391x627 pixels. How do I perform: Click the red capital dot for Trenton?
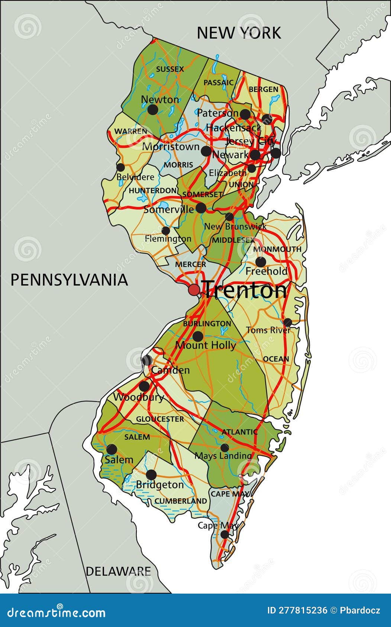(x=194, y=289)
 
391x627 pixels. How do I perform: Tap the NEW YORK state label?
(x=239, y=33)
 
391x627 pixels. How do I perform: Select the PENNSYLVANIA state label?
(x=69, y=280)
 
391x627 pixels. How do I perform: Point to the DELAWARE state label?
(x=118, y=571)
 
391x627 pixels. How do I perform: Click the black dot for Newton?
(x=153, y=109)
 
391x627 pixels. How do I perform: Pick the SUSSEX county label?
(x=170, y=69)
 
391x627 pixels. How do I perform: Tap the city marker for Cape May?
(x=224, y=535)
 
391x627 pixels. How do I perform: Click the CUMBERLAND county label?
(x=181, y=501)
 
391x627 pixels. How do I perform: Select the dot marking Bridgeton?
(x=151, y=475)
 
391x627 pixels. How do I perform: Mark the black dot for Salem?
(x=112, y=450)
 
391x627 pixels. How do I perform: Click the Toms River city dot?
(x=288, y=322)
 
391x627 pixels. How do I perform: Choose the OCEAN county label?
(x=276, y=359)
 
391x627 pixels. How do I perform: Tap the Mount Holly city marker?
(x=198, y=337)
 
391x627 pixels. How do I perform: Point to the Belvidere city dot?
(x=120, y=167)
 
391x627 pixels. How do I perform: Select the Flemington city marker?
(x=166, y=231)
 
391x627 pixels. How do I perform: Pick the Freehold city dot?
(x=261, y=262)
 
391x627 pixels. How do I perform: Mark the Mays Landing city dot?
(x=224, y=448)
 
